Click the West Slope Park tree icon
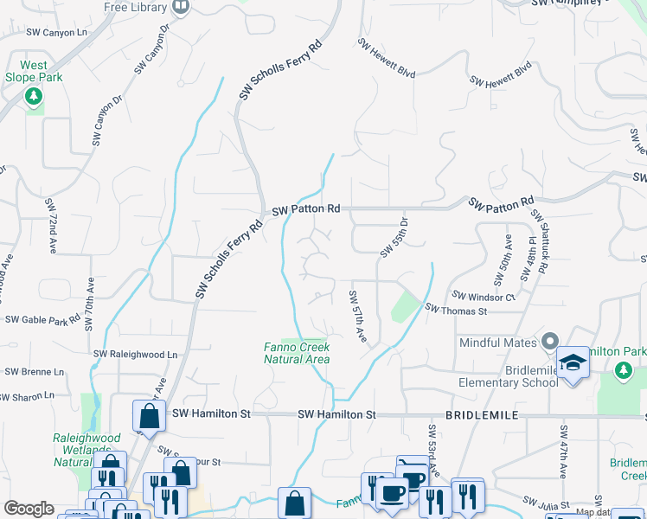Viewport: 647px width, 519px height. coord(34,96)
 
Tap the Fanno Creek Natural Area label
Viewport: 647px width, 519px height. coord(297,352)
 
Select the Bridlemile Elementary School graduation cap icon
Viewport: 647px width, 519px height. coord(573,362)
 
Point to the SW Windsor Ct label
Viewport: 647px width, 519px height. coord(486,297)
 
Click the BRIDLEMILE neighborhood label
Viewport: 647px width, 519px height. coord(482,415)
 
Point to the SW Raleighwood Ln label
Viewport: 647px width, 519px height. coord(135,355)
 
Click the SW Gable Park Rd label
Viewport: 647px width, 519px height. coord(42,320)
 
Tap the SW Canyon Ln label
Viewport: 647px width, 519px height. coord(57,33)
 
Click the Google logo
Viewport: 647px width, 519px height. coord(29,509)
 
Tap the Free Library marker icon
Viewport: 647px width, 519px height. coord(182,8)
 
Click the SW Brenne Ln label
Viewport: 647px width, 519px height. coord(34,372)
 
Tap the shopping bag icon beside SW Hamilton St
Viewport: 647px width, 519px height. coord(150,416)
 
